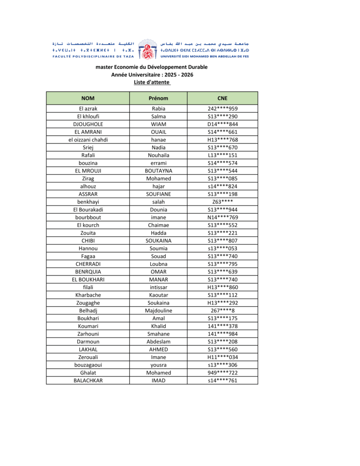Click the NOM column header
pos(88,98)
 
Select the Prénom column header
pos(158,98)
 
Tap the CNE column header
pos(223,98)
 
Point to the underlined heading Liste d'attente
pos(152,82)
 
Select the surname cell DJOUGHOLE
pos(88,124)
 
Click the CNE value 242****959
pos(223,109)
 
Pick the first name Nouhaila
pos(158,155)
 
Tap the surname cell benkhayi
pos(88,202)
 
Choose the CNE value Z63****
pos(223,202)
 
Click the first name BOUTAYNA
pos(158,171)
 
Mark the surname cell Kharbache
pos(88,295)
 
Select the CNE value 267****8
pos(223,310)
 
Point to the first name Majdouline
pos(158,310)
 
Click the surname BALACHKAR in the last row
pos(88,380)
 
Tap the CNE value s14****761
pos(223,380)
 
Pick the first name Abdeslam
pos(158,341)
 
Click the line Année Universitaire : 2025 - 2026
pos(152,75)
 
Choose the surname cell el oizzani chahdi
pos(88,140)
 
